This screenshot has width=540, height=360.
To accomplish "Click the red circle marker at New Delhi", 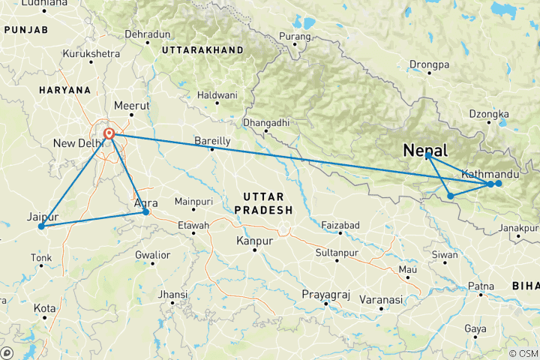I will [109, 134].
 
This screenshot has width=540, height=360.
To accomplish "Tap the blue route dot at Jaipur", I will [41, 226].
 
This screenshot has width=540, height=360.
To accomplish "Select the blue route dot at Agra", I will [145, 212].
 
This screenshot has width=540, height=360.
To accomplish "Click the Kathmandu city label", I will [490, 174].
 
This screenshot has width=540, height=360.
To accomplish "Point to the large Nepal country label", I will [425, 150].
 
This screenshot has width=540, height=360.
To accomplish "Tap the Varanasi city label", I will [380, 299].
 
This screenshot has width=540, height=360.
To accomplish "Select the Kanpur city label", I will [253, 241].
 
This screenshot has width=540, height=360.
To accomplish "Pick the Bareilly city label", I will [212, 140].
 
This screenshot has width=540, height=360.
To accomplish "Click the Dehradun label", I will [148, 34].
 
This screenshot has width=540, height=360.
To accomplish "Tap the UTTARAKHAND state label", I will [202, 49].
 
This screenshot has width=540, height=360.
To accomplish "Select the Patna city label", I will [481, 286].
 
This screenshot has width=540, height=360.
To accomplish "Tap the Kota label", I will [44, 308].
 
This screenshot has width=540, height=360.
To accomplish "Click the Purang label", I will [293, 35].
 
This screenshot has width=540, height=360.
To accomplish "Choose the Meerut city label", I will [131, 106].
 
